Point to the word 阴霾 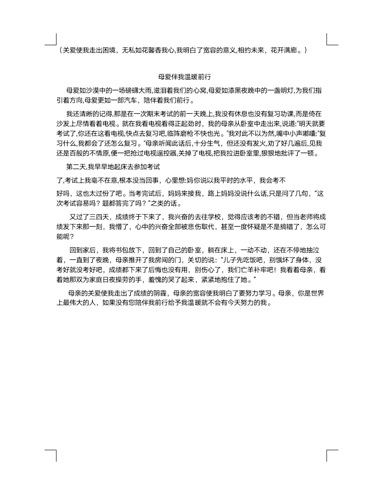(x=157, y=293)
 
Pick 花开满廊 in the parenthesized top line (x=287, y=50)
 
